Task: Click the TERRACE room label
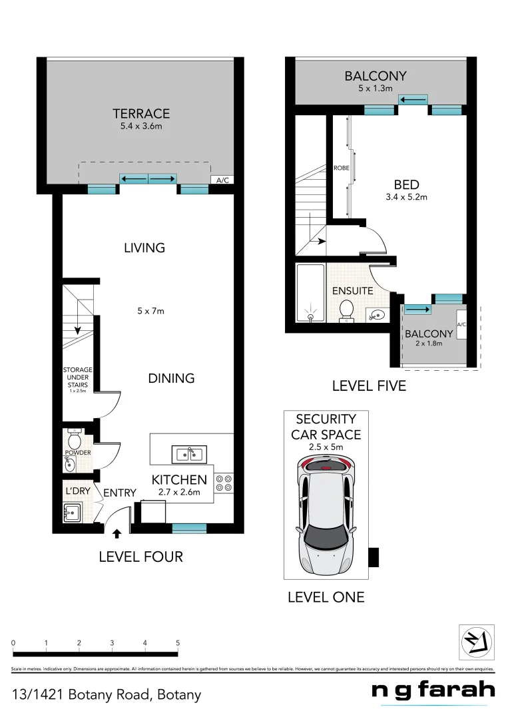pyautogui.click(x=140, y=114)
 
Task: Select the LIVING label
pyautogui.click(x=144, y=248)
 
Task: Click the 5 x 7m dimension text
pyautogui.click(x=150, y=311)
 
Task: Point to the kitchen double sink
pyautogui.click(x=190, y=455)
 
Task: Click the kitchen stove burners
pyautogui.click(x=224, y=483)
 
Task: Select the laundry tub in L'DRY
pyautogui.click(x=73, y=513)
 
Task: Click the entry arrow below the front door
pyautogui.click(x=117, y=533)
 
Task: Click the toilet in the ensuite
pyautogui.click(x=346, y=310)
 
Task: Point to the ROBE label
pyautogui.click(x=341, y=168)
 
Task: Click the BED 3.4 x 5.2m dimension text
pyautogui.click(x=405, y=197)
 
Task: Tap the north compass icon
pyautogui.click(x=476, y=643)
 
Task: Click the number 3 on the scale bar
pyautogui.click(x=112, y=643)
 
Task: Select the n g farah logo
pyautogui.click(x=433, y=691)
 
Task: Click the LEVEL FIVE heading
pyautogui.click(x=369, y=386)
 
